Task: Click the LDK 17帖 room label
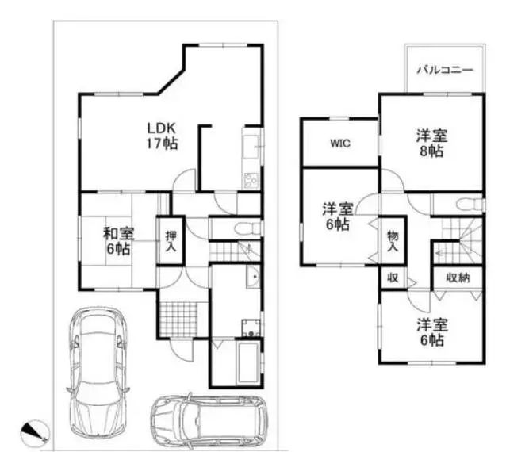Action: tap(162, 136)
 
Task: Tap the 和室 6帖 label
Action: tap(118, 241)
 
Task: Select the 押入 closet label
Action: tap(171, 241)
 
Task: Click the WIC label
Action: tap(340, 144)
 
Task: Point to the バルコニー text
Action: tap(445, 70)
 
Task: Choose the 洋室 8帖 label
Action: tap(431, 144)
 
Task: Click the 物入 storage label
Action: tap(393, 241)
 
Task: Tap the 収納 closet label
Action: tap(458, 278)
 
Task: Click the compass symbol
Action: tap(35, 431)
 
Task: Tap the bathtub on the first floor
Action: tap(247, 363)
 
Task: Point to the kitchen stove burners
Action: tap(251, 180)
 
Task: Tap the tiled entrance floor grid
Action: tap(178, 320)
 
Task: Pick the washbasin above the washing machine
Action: tap(254, 278)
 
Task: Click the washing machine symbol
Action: tap(251, 328)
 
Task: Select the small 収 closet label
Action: tap(393, 278)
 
